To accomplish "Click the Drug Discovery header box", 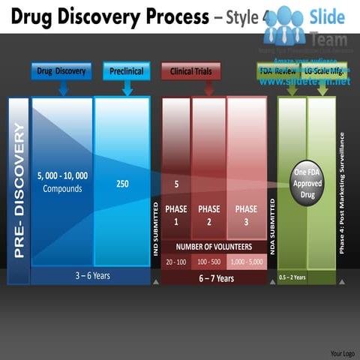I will click(x=61, y=71).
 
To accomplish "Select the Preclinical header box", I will click(x=127, y=71).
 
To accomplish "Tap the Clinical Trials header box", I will click(x=190, y=71).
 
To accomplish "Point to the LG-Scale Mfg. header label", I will click(x=323, y=70).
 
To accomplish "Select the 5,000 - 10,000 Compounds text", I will click(x=62, y=182).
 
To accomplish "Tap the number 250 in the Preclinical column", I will click(x=122, y=183).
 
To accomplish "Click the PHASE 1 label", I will click(x=176, y=215).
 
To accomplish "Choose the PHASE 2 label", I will click(x=208, y=215).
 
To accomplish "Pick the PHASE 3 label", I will click(x=245, y=215).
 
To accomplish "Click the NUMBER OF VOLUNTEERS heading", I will click(x=214, y=246).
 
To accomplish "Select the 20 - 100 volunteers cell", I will click(x=176, y=262).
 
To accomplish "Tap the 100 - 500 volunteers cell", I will click(x=208, y=262).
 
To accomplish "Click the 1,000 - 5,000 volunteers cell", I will click(x=246, y=262).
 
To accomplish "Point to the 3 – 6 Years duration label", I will click(x=92, y=276).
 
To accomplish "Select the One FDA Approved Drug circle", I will click(x=307, y=181).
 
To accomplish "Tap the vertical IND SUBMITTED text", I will click(x=156, y=229).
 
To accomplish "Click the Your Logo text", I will click(x=341, y=352).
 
